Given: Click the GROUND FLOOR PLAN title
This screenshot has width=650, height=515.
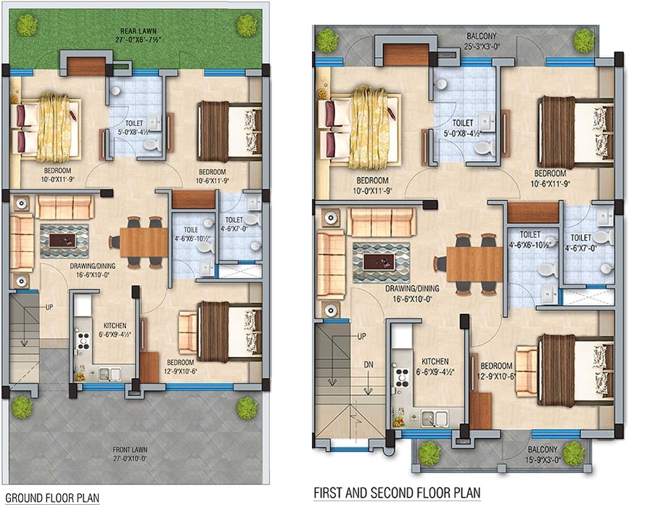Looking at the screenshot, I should pos(52,498).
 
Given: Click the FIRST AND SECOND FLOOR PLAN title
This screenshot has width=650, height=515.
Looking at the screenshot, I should pos(397,493).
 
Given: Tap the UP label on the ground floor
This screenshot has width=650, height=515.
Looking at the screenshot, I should pos(49,307).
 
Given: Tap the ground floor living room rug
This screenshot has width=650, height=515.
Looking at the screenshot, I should pos(64,237).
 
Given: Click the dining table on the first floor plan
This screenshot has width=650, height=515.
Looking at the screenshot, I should pos(474,264).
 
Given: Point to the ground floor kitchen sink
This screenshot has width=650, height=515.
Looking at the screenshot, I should pos(110,374).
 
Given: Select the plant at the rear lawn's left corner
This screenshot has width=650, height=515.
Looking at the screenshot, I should pos(28,25).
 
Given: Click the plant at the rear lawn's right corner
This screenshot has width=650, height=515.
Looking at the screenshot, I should pos(247,25).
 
